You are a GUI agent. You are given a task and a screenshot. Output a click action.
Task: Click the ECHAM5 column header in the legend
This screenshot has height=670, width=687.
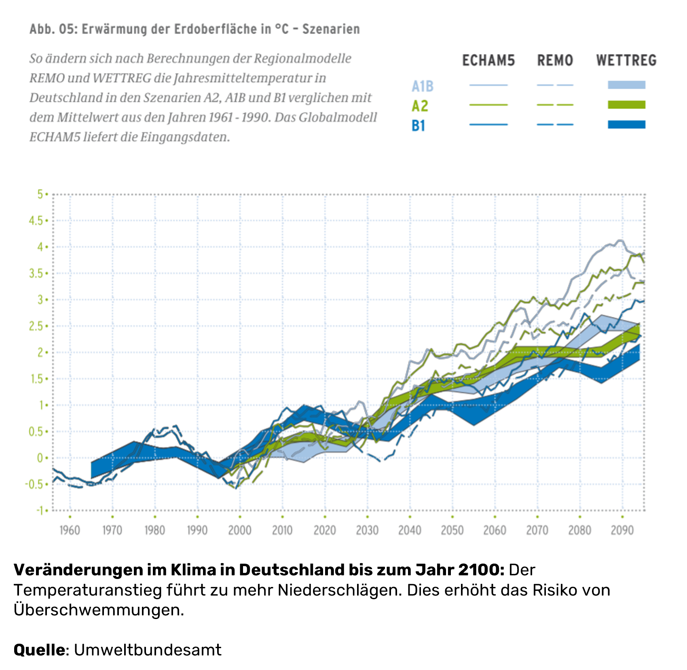pyautogui.click(x=488, y=61)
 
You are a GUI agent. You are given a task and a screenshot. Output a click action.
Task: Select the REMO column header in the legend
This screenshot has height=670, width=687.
pyautogui.click(x=555, y=61)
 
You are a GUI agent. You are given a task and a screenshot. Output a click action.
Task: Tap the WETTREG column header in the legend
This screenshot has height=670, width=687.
pyautogui.click(x=626, y=61)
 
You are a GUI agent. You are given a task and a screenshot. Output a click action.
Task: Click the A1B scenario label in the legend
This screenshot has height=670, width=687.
pyautogui.click(x=423, y=86)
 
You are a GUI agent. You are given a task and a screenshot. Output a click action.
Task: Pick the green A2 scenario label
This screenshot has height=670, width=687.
pyautogui.click(x=420, y=106)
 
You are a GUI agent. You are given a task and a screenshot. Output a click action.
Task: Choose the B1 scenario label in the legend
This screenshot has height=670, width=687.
pyautogui.click(x=419, y=126)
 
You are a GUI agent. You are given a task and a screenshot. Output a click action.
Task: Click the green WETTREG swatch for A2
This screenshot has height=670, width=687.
pyautogui.click(x=626, y=105)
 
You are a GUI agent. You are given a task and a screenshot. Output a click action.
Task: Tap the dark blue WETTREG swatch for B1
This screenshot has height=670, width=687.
pyautogui.click(x=626, y=125)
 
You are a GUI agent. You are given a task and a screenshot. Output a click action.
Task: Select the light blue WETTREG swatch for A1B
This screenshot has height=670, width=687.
pyautogui.click(x=626, y=85)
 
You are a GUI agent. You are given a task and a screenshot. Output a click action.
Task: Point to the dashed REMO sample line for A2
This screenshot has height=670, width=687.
pyautogui.click(x=555, y=105)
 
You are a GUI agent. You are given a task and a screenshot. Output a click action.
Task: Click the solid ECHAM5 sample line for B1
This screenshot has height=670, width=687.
pyautogui.click(x=488, y=125)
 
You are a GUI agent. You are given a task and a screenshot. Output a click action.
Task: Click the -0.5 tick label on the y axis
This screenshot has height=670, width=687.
pyautogui.click(x=34, y=484)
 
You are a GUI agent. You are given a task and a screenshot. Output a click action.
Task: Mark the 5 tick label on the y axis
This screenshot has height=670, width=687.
pyautogui.click(x=40, y=194)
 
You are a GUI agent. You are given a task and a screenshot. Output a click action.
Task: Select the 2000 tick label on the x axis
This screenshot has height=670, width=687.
pyautogui.click(x=240, y=530)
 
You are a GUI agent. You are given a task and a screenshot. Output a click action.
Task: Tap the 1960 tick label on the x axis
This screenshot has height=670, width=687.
pyautogui.click(x=70, y=530)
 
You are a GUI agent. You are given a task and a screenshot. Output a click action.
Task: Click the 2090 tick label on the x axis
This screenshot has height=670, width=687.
pyautogui.click(x=622, y=530)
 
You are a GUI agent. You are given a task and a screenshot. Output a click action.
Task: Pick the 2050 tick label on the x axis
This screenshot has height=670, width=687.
pyautogui.click(x=452, y=530)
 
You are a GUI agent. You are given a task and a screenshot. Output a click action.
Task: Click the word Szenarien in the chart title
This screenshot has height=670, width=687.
pyautogui.click(x=331, y=29)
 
